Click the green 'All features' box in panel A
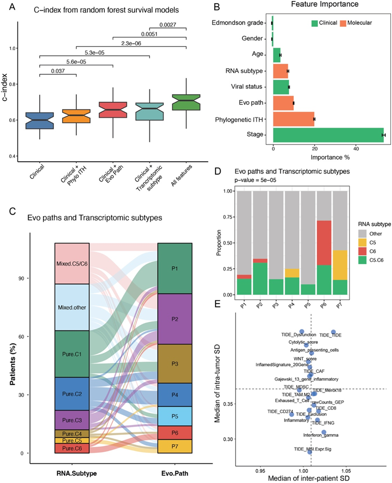coord(186,102)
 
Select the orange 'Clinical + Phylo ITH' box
coord(76,116)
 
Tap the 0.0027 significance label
coord(168,24)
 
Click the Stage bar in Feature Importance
coord(328,135)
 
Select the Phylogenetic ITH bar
coord(293,118)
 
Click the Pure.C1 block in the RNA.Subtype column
coord(72,354)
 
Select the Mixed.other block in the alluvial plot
coord(72,307)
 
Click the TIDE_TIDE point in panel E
coord(334,332)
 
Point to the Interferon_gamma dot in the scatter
coord(324,432)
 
